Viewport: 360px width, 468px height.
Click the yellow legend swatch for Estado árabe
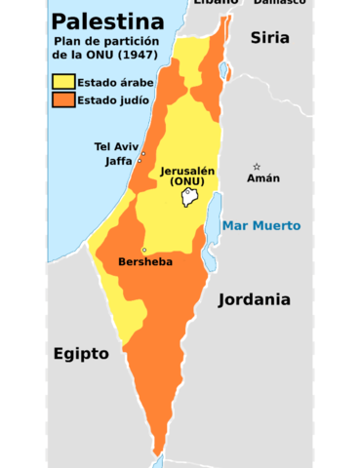[63, 83]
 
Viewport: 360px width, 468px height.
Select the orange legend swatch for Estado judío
[63, 99]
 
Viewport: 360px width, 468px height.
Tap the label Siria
[270, 38]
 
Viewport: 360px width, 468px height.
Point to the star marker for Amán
[257, 166]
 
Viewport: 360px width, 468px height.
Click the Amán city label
[262, 178]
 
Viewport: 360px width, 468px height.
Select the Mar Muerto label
[261, 225]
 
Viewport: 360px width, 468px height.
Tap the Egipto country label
[81, 353]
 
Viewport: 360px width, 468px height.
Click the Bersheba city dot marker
[144, 250]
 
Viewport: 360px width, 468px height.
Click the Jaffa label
[118, 161]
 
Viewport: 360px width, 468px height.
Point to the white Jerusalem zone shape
[190, 198]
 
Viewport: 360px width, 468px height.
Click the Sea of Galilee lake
[225, 71]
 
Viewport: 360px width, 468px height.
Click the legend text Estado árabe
[112, 83]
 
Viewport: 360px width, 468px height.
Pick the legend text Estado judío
[110, 99]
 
